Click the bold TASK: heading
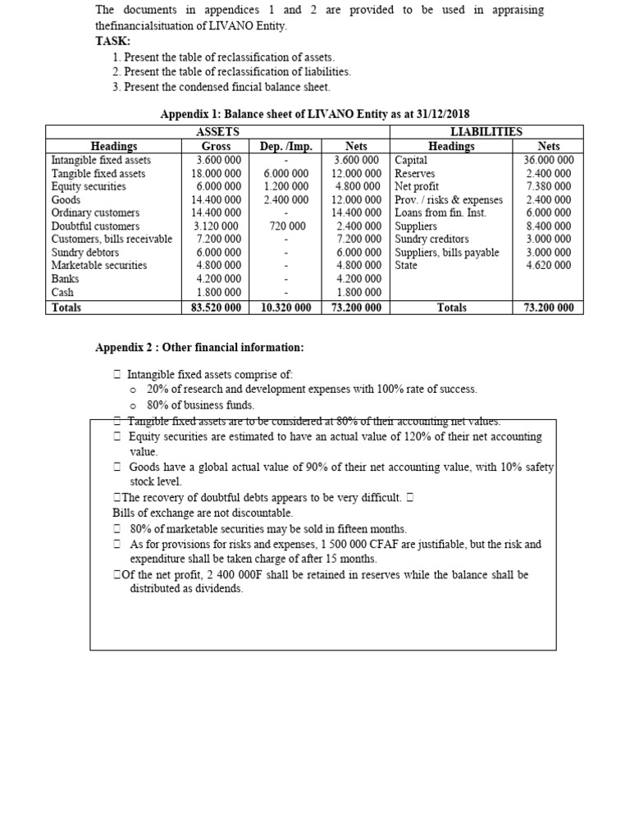point(114,40)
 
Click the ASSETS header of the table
point(218,131)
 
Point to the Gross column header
point(216,146)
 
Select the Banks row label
point(65,278)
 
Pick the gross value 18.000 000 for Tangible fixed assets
point(217,173)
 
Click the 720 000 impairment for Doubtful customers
point(287,226)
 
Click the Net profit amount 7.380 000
point(551,186)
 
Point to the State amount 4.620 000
point(551,265)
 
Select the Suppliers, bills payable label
point(446,252)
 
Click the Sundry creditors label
point(431,239)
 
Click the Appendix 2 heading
point(200,348)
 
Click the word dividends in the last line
point(217,589)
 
